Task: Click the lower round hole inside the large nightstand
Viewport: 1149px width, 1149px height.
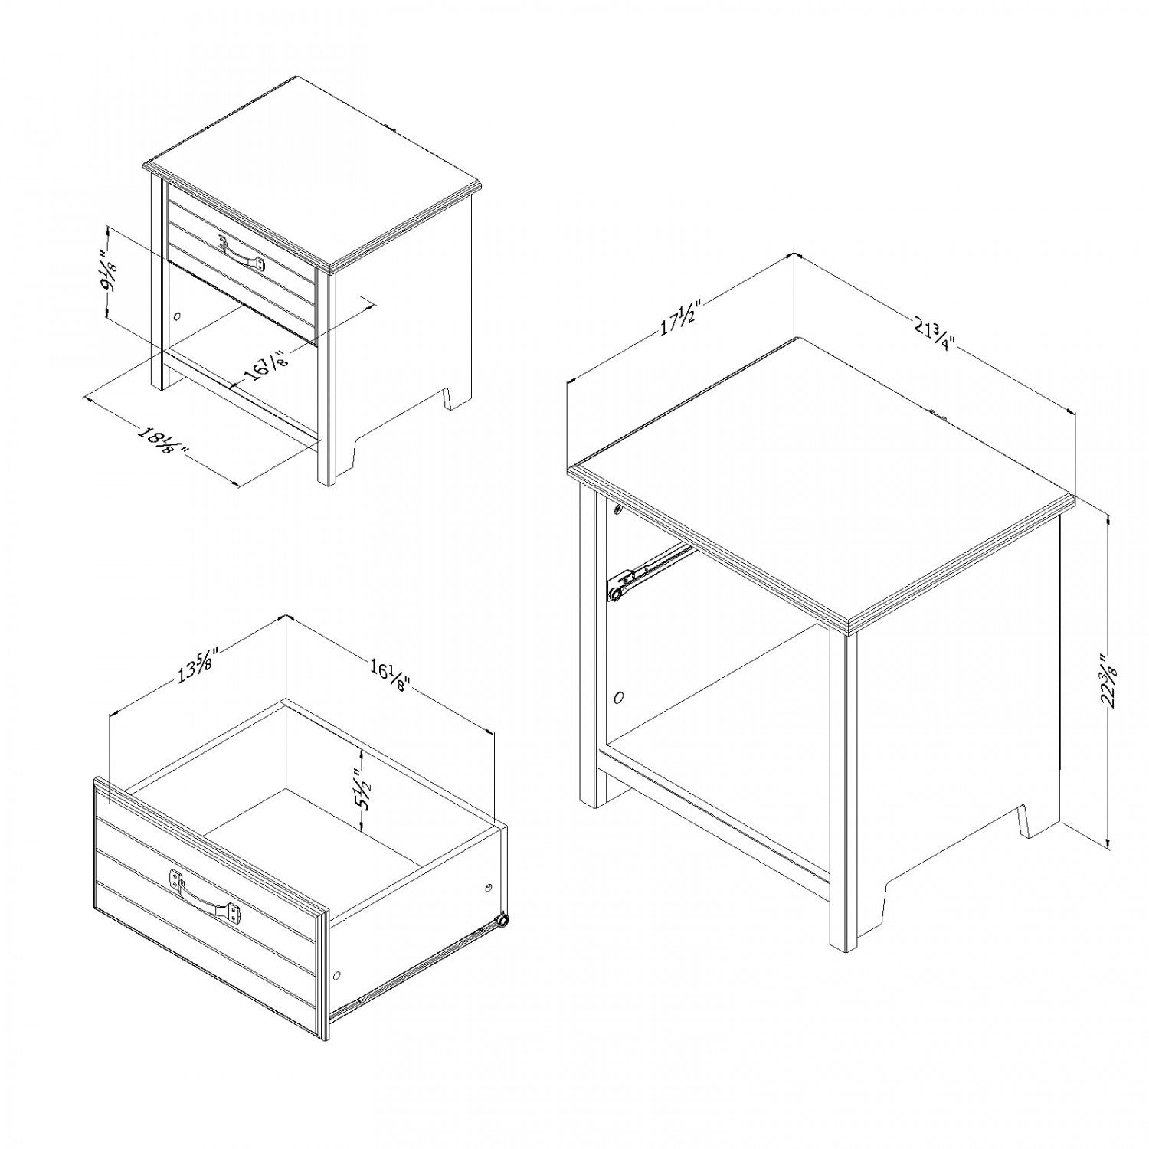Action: click(x=619, y=698)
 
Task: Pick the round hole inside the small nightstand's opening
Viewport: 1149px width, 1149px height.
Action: click(x=178, y=316)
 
